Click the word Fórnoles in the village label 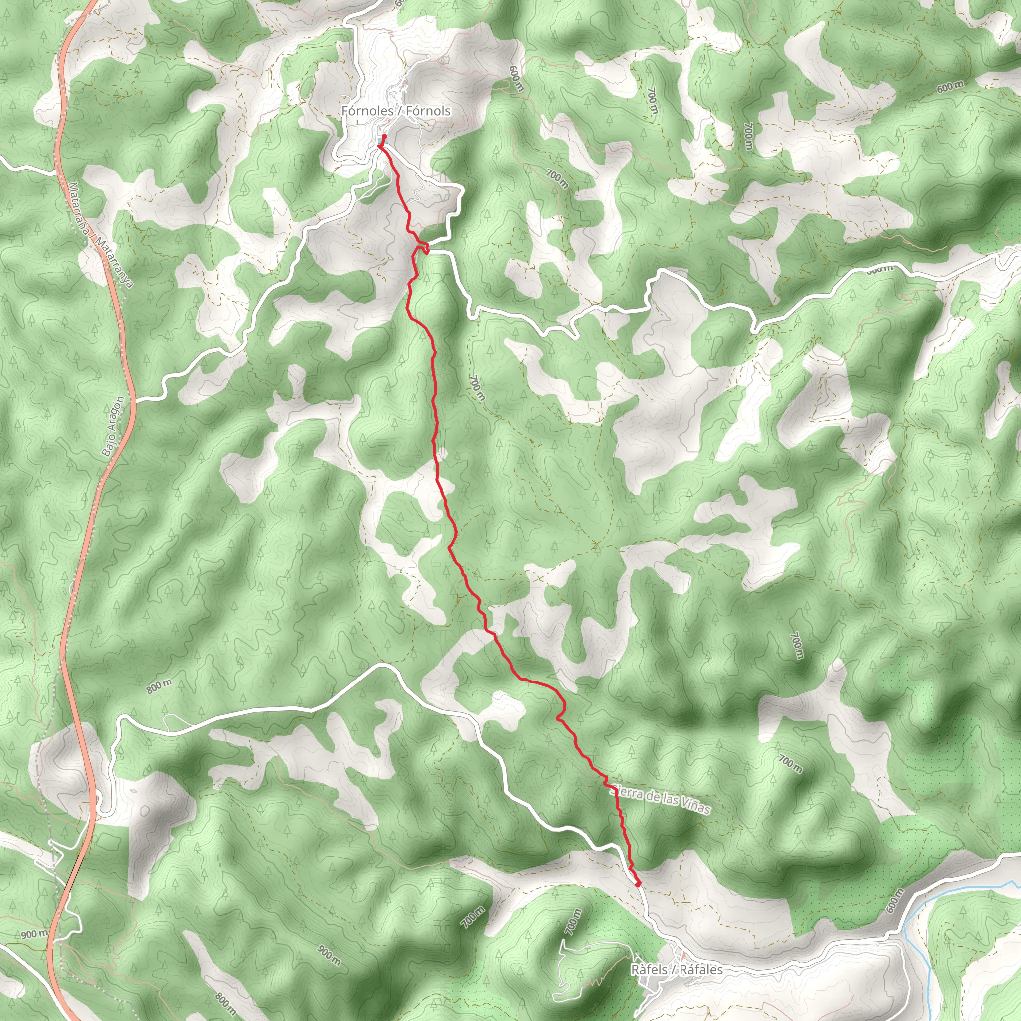(x=367, y=111)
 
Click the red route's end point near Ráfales (x=639, y=883)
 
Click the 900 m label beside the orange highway (x=34, y=934)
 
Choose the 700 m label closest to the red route (x=476, y=388)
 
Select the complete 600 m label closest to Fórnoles (x=516, y=78)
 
